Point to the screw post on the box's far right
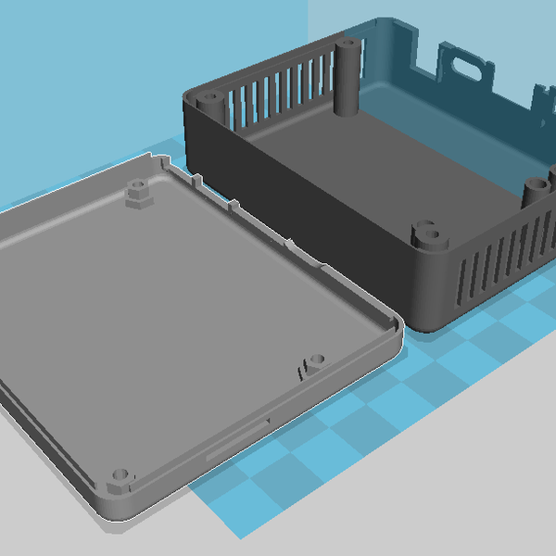pos(536,190)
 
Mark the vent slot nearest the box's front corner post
pos(458,278)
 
